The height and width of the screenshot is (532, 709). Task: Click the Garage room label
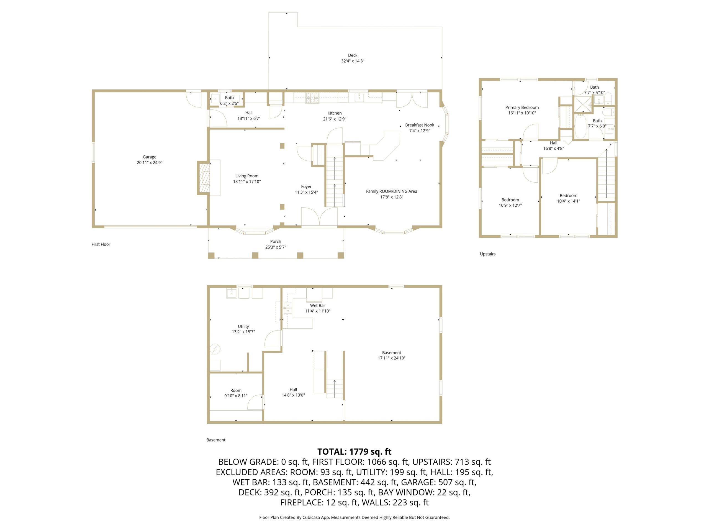(149, 157)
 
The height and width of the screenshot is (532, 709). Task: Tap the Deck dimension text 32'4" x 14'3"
(353, 61)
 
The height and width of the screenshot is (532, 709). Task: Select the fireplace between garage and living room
(204, 178)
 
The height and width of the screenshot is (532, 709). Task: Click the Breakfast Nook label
(420, 125)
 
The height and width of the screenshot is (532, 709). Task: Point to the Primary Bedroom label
(522, 108)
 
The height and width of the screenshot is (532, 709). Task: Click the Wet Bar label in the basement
(317, 306)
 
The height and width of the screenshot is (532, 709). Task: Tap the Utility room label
(243, 326)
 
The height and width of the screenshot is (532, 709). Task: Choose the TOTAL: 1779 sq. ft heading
(354, 452)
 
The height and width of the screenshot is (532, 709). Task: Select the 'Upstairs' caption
(487, 254)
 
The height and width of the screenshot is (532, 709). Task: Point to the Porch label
(276, 241)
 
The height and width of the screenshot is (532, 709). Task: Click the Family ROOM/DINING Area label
(391, 191)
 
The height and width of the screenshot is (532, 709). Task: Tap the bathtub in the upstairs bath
(580, 127)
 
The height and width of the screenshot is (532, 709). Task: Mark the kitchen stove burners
(312, 98)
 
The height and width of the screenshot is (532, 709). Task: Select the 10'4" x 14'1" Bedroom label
(568, 196)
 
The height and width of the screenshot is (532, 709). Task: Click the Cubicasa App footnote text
(354, 517)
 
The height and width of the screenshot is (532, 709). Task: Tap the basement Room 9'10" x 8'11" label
(236, 391)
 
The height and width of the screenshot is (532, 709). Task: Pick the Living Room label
(247, 176)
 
